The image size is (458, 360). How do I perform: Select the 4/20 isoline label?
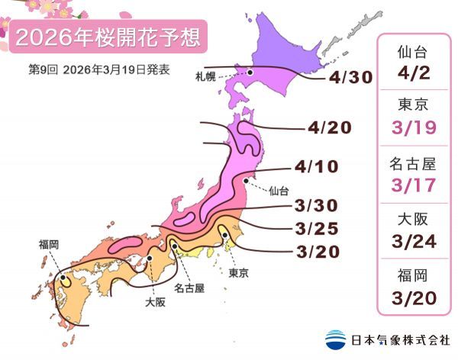(330, 127)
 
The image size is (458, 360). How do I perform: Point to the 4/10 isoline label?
(315, 166)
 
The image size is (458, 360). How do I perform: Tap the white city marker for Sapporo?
(249, 72)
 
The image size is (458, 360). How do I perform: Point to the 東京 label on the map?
(238, 272)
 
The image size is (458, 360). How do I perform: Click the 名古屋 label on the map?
(188, 288)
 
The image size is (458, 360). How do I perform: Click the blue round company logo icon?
(335, 339)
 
